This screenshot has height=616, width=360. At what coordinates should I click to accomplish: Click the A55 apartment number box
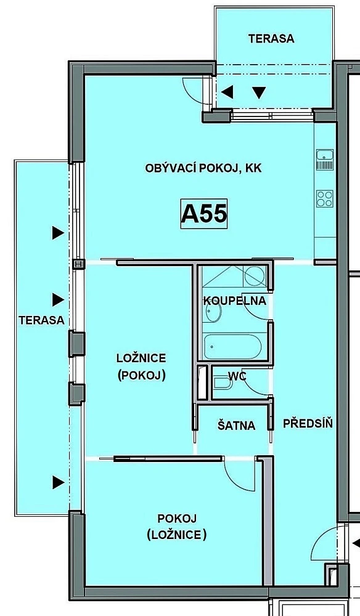[204, 214]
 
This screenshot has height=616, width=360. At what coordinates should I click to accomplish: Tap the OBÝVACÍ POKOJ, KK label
[203, 169]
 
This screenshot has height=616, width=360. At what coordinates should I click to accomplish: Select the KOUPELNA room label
[235, 301]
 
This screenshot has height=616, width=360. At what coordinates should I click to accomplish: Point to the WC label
[238, 376]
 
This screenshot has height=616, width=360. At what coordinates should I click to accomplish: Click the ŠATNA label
[236, 426]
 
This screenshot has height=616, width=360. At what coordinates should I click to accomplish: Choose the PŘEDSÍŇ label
[308, 423]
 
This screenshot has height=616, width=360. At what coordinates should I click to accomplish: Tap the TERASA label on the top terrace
[271, 38]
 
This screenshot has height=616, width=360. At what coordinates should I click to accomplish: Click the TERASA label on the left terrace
[42, 320]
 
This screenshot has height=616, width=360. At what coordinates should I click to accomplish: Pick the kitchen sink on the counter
[325, 160]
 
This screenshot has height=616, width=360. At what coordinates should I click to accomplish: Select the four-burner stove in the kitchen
[325, 198]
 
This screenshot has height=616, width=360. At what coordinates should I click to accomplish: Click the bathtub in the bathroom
[232, 346]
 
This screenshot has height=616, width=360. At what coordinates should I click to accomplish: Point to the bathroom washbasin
[213, 312]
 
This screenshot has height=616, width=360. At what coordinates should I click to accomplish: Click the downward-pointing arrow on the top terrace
[259, 93]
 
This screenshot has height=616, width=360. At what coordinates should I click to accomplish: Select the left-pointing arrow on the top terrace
[227, 92]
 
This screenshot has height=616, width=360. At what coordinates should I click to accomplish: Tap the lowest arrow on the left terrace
[58, 482]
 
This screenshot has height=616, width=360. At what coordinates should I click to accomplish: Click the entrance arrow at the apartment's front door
[356, 544]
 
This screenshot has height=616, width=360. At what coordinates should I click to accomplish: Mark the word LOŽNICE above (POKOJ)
[141, 359]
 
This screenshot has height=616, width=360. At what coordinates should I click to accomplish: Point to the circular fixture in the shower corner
[254, 276]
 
